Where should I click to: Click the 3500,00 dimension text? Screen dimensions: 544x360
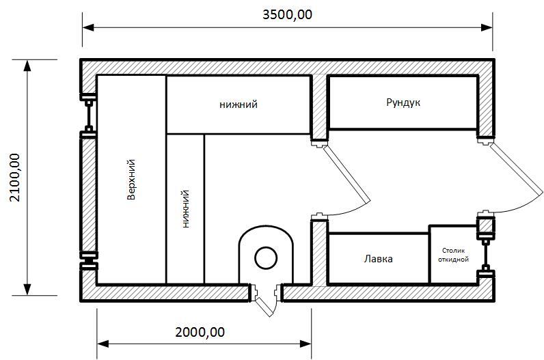click(x=287, y=14)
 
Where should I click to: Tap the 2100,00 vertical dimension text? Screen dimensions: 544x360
click(x=16, y=177)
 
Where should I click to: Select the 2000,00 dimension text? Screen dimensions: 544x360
click(x=200, y=332)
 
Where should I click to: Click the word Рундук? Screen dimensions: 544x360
click(x=403, y=102)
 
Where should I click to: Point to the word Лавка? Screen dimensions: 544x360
click(x=378, y=259)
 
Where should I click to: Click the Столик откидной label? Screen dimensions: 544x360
click(x=454, y=255)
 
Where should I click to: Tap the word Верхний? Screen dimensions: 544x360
click(x=131, y=180)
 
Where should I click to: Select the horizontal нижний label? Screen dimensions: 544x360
click(x=239, y=104)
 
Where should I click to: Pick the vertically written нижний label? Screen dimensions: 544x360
click(x=186, y=208)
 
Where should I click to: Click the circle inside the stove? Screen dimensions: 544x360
click(x=266, y=258)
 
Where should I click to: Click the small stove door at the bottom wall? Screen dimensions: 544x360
click(x=265, y=306)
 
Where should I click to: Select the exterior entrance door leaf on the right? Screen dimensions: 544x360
click(x=517, y=169)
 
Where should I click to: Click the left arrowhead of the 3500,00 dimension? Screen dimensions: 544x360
click(x=88, y=28)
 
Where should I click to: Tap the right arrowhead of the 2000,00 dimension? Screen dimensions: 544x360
click(x=305, y=344)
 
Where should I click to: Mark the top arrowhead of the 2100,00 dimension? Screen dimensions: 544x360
click(x=27, y=66)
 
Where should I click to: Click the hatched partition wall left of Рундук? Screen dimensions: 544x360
click(x=319, y=107)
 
